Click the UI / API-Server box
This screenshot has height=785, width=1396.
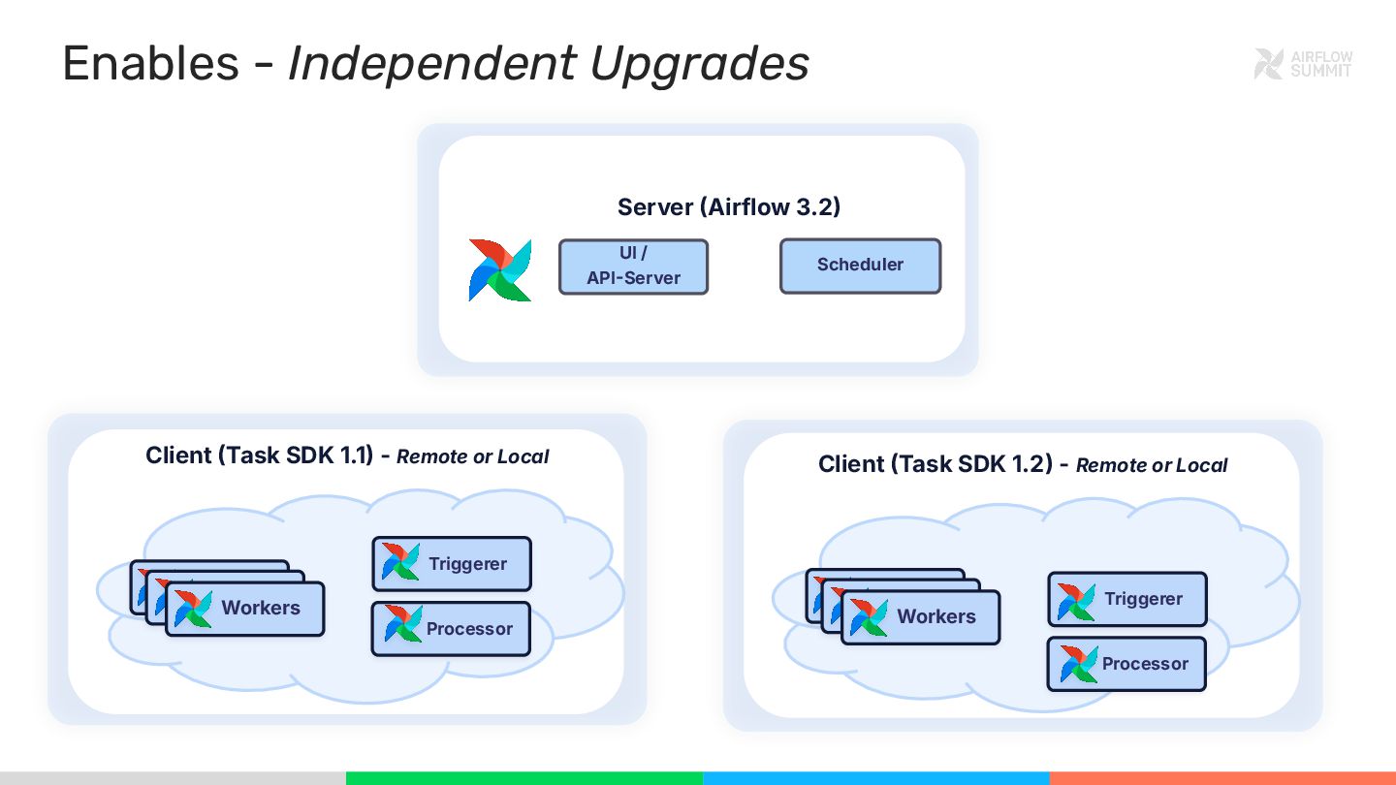point(633,267)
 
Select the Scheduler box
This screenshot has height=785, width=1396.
point(860,266)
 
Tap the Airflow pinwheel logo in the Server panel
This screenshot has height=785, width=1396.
point(500,269)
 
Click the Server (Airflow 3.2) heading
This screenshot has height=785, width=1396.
point(728,206)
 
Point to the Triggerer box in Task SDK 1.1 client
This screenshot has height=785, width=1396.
point(452,564)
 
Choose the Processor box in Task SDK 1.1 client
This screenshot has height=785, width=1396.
point(452,629)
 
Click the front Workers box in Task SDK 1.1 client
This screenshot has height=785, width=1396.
point(245,609)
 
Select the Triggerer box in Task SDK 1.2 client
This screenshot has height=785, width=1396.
point(1127,599)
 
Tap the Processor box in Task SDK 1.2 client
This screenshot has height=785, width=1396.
point(1127,664)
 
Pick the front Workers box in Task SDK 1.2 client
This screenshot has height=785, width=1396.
point(920,617)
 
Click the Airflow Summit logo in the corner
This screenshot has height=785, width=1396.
point(1303,64)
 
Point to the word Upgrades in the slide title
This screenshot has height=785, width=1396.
point(699,64)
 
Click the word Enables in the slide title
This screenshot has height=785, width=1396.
point(150,64)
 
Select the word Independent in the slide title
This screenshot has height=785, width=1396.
point(431,64)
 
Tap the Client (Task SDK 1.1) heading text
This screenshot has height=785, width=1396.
point(259,455)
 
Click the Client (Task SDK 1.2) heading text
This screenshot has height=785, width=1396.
point(935,464)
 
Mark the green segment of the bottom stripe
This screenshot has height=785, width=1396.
point(523,778)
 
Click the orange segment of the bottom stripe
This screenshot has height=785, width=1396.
point(1222,778)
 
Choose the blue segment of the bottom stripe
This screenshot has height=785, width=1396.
point(875,778)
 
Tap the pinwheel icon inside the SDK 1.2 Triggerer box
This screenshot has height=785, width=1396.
point(1076,601)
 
